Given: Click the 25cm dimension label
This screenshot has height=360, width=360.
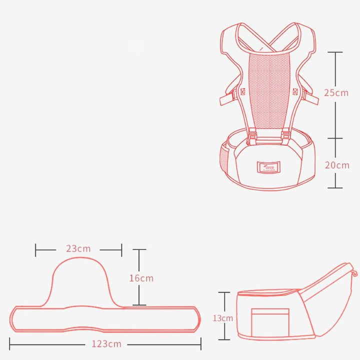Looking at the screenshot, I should (335, 92).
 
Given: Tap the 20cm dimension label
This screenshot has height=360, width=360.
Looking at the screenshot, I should (336, 165).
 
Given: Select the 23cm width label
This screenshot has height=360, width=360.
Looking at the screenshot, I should (78, 248).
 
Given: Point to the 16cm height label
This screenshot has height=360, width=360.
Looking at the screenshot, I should (141, 278).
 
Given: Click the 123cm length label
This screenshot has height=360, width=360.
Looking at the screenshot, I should (105, 343).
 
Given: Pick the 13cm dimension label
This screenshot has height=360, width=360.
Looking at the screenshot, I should (223, 318).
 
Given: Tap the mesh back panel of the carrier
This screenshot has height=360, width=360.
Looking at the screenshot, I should (269, 90).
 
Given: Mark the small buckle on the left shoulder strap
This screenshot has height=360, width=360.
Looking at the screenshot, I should (243, 92).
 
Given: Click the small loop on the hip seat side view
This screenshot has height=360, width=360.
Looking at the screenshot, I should (355, 273).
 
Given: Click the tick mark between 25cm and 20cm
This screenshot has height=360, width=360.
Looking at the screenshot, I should (335, 138).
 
